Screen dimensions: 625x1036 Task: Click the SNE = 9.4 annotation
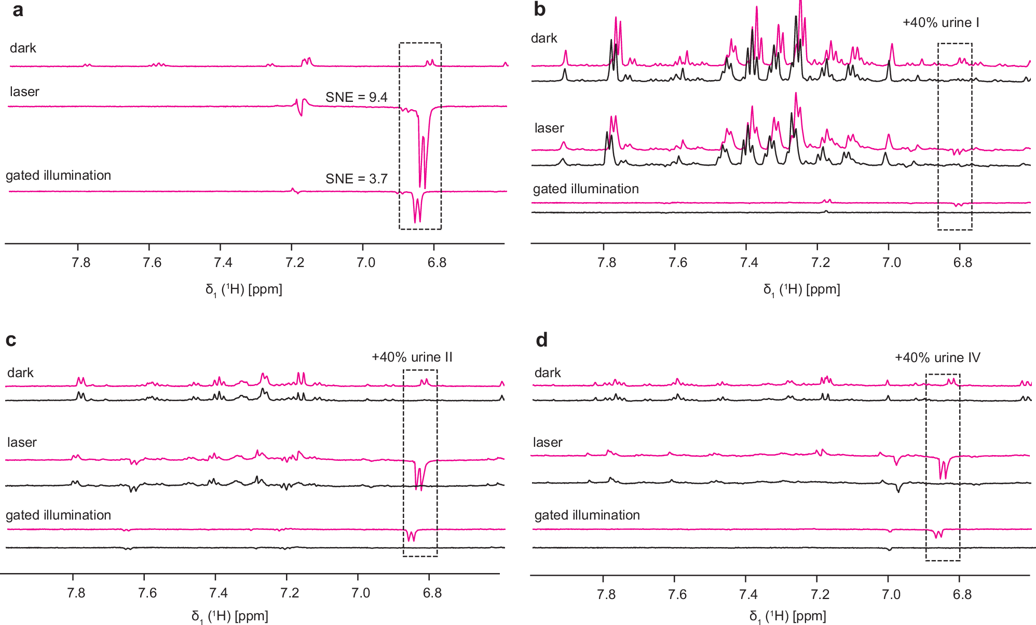coord(356,97)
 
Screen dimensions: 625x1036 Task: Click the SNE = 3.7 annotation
coord(356,179)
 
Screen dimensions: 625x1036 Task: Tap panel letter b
coord(539,10)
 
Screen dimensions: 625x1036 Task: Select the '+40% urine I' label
coord(940,23)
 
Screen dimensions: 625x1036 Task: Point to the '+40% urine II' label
coord(412,357)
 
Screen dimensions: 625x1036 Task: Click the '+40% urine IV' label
coord(937,358)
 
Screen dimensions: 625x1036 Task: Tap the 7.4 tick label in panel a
coord(223,263)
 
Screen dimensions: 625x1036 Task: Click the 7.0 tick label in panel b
coord(891,263)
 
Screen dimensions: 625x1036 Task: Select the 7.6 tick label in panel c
coord(147,593)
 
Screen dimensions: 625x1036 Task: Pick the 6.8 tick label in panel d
coord(962,594)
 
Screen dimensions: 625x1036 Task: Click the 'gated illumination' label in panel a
coord(58,176)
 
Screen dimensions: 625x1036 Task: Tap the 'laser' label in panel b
coord(549,128)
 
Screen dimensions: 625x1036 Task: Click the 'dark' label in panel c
coord(20,373)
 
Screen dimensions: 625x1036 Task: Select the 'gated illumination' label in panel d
coord(587,515)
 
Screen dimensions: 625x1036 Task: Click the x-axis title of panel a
coord(243,290)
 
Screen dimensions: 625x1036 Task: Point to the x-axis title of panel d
coord(787,617)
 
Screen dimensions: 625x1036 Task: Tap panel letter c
coord(10,340)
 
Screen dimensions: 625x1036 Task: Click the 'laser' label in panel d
coord(547,443)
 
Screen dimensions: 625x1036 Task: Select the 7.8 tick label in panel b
coord(606,263)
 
